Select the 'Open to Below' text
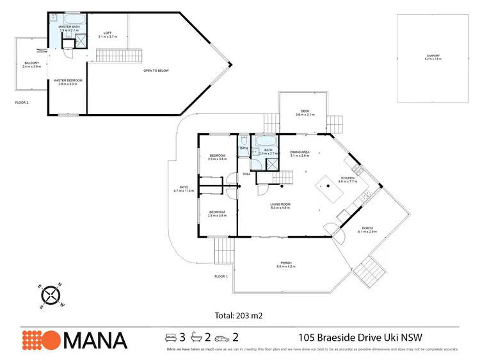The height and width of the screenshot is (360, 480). [156, 70]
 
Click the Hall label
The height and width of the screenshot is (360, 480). [246, 174]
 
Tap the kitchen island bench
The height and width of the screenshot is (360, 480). [331, 188]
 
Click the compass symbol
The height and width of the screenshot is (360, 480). [50, 295]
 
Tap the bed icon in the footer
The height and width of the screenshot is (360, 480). [171, 337]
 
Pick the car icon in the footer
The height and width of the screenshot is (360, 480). [221, 337]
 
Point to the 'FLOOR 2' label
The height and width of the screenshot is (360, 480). [22, 102]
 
